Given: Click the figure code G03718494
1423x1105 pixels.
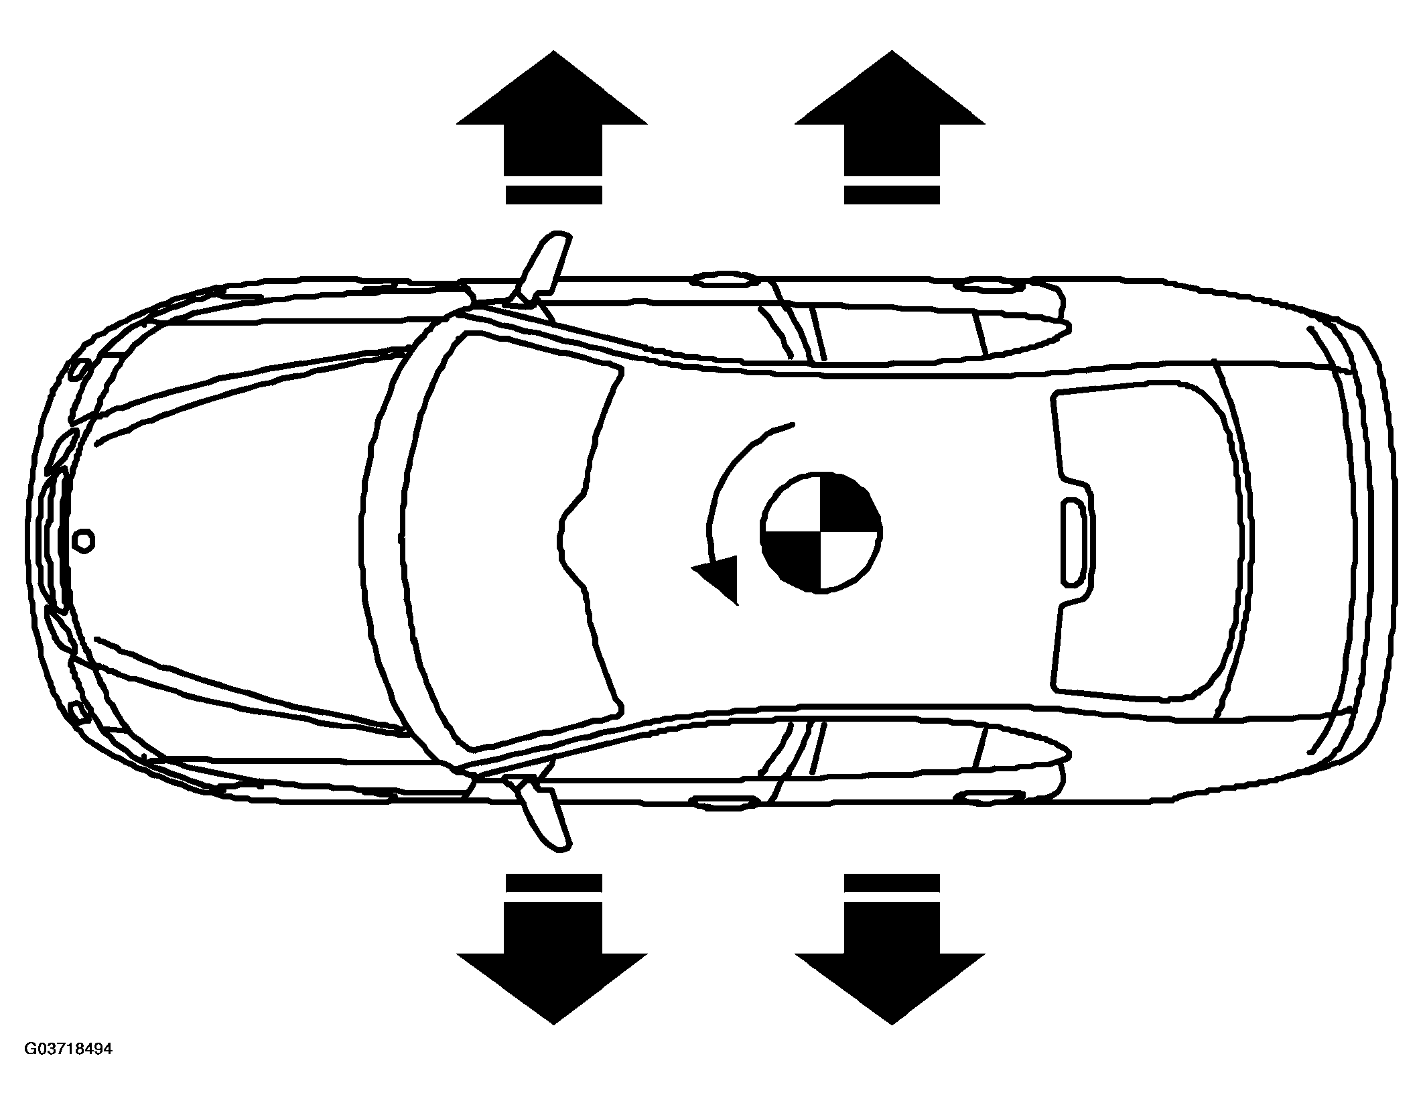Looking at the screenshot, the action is (x=68, y=1067).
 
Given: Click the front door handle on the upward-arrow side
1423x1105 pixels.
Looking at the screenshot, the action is (x=727, y=280).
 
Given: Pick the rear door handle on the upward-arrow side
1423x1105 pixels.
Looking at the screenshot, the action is (x=990, y=286).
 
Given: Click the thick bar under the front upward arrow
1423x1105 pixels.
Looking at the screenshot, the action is (x=553, y=194).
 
